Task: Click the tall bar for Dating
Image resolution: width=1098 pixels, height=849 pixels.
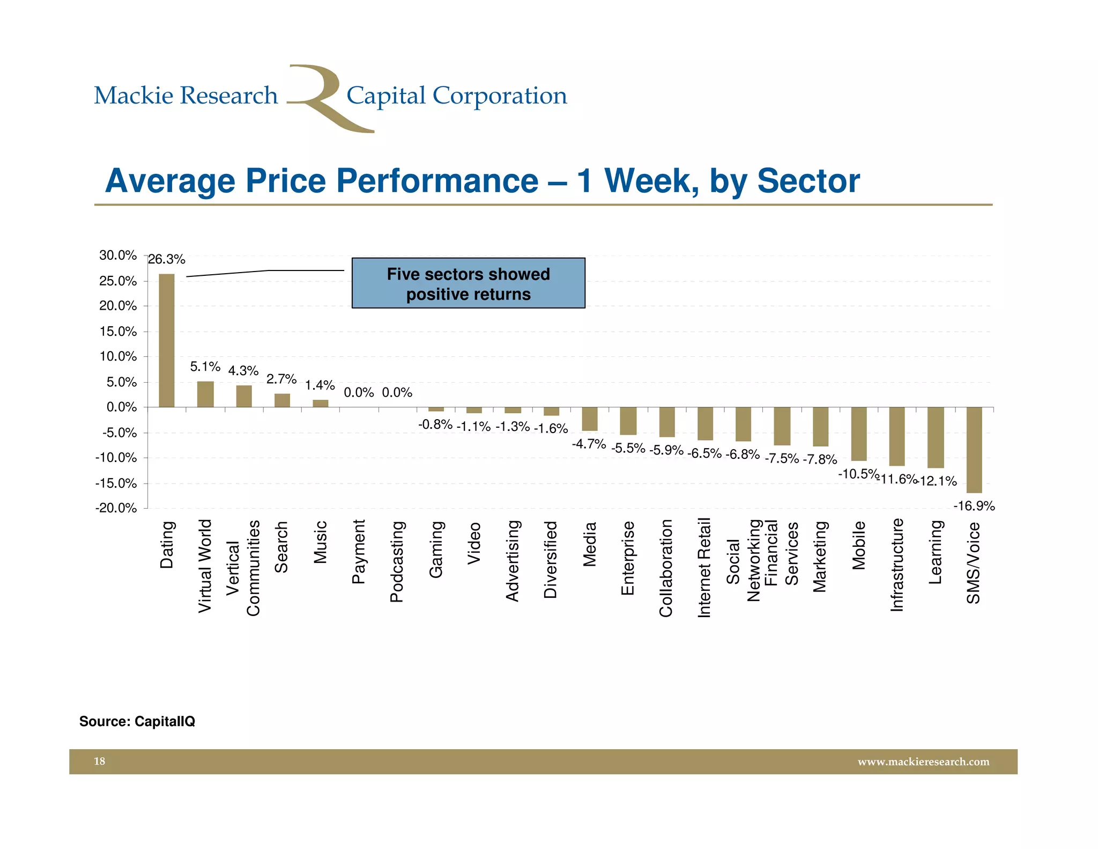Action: (x=167, y=340)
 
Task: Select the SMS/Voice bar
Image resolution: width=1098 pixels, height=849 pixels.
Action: (x=974, y=450)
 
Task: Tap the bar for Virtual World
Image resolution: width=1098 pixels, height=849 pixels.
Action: (x=205, y=394)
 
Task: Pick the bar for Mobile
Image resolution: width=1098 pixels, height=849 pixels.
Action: (x=859, y=434)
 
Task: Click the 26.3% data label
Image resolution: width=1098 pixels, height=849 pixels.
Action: (x=167, y=260)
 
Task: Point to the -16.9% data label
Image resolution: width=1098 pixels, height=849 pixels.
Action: (x=974, y=506)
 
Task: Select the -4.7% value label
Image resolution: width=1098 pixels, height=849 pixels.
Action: (x=589, y=444)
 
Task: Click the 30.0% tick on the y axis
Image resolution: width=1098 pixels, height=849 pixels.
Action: (x=118, y=255)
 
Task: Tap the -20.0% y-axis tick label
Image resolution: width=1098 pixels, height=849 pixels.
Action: (x=116, y=508)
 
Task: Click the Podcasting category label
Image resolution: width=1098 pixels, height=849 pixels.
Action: (x=397, y=561)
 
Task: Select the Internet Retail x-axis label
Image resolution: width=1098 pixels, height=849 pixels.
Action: (x=704, y=567)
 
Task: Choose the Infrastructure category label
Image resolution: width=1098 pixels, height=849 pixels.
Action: (x=897, y=565)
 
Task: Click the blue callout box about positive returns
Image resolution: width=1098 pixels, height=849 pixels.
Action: (x=468, y=283)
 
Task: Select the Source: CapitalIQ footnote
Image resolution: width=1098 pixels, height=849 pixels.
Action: (x=137, y=721)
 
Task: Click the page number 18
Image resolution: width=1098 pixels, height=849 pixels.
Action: (x=100, y=762)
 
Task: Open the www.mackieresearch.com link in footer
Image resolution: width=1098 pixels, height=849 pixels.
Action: (x=923, y=762)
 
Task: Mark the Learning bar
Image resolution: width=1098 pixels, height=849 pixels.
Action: (x=936, y=437)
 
